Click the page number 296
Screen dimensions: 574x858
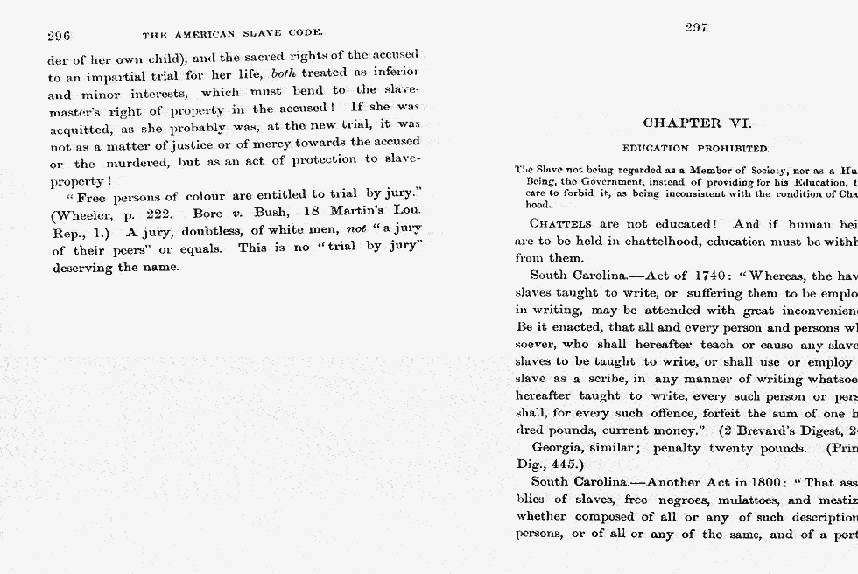pos(59,36)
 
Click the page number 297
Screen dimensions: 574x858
pos(696,28)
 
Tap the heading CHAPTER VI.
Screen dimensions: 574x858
pos(697,123)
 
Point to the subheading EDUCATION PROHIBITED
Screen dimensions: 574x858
pos(696,149)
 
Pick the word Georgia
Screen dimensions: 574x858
pos(558,448)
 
